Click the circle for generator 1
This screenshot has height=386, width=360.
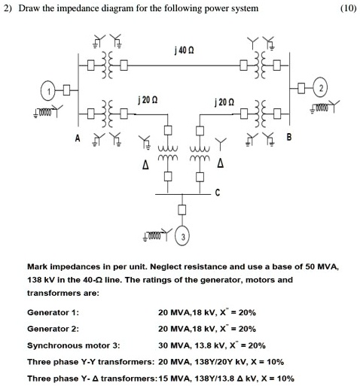coord(50,92)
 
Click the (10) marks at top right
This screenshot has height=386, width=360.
coord(348,8)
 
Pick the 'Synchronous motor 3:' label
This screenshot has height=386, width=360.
coord(73,345)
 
